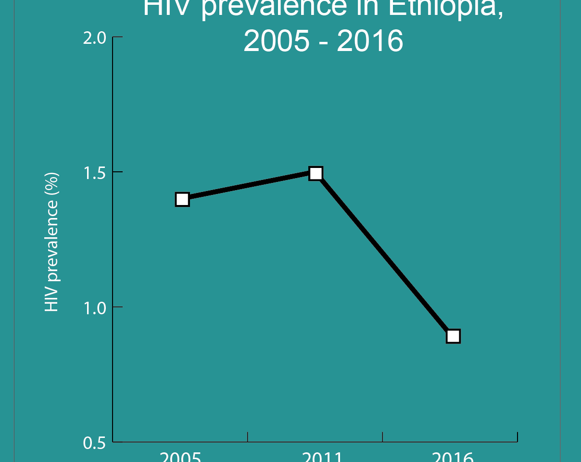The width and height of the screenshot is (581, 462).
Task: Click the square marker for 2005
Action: coord(182,199)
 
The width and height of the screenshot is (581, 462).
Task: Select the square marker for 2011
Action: coord(316,173)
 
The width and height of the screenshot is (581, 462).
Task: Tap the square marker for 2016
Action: coord(453,336)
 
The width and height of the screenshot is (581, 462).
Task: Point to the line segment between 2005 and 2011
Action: coord(249,186)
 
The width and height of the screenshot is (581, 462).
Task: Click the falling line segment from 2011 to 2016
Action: coord(385,255)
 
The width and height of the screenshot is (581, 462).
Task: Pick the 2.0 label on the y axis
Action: coord(94,38)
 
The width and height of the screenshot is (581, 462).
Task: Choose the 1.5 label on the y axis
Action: coord(94,173)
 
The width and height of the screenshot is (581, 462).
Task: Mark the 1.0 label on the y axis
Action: coord(94,308)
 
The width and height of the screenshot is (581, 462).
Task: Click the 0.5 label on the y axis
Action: coord(94,443)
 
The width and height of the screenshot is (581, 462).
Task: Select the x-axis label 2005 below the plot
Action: coord(180,457)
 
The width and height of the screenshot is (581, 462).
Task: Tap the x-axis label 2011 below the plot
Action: coord(322,457)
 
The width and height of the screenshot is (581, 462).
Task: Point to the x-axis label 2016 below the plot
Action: coord(453,457)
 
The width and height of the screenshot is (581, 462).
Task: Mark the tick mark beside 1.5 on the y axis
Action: coord(118,172)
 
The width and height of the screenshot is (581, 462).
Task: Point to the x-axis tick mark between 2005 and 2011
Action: coord(248,436)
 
